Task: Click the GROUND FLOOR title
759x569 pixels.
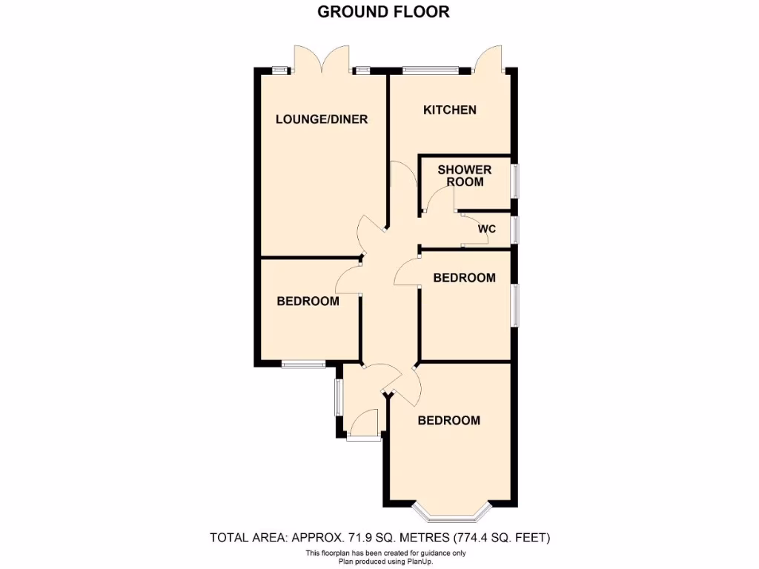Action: (383, 11)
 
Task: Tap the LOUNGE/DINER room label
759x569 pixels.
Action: (322, 119)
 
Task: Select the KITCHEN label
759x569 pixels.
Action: (449, 110)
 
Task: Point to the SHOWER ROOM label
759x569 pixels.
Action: (465, 176)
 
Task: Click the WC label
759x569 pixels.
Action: (486, 229)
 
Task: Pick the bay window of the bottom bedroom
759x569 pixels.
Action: (452, 512)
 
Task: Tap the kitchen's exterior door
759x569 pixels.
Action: (489, 59)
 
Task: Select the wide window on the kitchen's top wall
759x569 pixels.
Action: (431, 70)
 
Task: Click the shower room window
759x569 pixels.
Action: (515, 181)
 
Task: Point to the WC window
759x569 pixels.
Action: (515, 230)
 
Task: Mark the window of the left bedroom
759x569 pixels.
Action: (303, 364)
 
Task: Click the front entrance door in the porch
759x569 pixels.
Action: (364, 426)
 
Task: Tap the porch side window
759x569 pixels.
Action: (338, 398)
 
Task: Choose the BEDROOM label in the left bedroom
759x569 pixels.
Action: (308, 302)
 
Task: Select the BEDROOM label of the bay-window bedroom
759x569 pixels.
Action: (448, 420)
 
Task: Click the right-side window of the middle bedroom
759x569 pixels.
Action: (515, 305)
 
